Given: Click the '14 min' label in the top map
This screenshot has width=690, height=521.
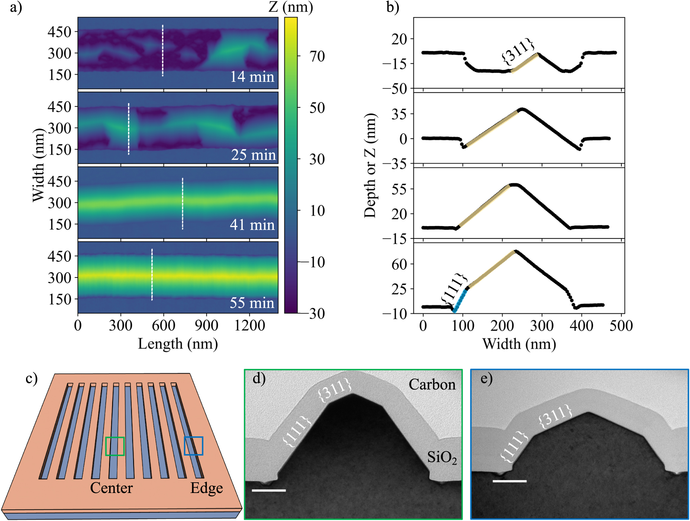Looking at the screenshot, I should click(252, 77).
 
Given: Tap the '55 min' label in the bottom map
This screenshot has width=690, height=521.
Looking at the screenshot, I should click(252, 303).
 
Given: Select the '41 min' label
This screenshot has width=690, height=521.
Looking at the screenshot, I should click(252, 225).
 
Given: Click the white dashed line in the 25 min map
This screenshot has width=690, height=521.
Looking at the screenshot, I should click(129, 129).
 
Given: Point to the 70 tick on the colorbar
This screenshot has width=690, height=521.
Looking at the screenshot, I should click(317, 56).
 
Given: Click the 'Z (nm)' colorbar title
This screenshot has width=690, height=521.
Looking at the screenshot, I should click(291, 7).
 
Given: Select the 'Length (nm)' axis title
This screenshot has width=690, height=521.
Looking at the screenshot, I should click(178, 344).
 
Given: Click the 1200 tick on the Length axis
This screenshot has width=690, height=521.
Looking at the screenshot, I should click(249, 325).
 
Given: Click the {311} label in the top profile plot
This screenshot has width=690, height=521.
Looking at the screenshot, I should click(518, 51).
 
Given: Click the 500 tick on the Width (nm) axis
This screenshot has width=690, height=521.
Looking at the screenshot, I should click(621, 326).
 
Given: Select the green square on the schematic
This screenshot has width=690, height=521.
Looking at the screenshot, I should click(115, 446).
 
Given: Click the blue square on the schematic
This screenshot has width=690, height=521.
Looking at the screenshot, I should click(193, 446).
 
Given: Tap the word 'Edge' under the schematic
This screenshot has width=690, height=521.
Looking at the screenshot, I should click(206, 488).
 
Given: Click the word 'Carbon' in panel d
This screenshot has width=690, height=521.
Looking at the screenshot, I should click(432, 385).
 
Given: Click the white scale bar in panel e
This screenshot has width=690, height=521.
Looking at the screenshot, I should click(509, 481).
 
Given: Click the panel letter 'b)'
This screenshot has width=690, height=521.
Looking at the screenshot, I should click(393, 7).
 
